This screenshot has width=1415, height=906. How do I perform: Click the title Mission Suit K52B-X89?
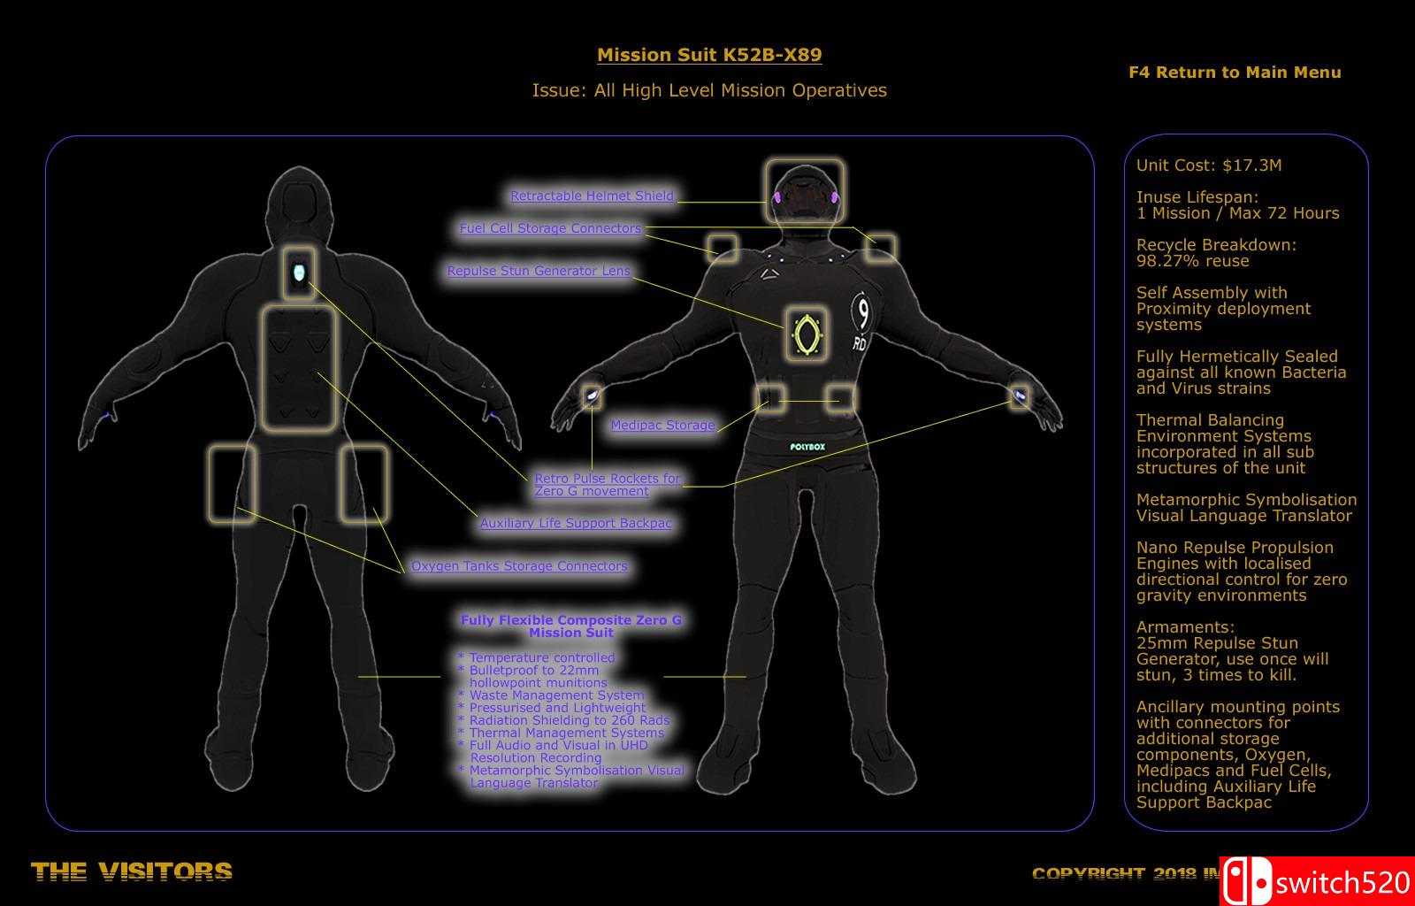709,55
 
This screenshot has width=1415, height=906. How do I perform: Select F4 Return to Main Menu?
1235,73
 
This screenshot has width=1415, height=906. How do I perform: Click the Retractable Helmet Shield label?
592,196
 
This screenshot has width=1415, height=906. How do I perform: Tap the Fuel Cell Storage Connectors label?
550,228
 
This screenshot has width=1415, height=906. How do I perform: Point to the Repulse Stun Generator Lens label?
539,271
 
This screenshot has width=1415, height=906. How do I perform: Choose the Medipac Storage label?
662,426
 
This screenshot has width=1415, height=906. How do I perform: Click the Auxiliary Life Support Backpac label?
576,523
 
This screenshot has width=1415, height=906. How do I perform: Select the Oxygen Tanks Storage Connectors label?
519,566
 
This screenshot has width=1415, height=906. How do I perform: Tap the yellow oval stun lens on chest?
805,334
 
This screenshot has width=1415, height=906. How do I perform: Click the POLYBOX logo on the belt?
807,447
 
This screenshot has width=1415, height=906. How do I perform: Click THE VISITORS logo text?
132,872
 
